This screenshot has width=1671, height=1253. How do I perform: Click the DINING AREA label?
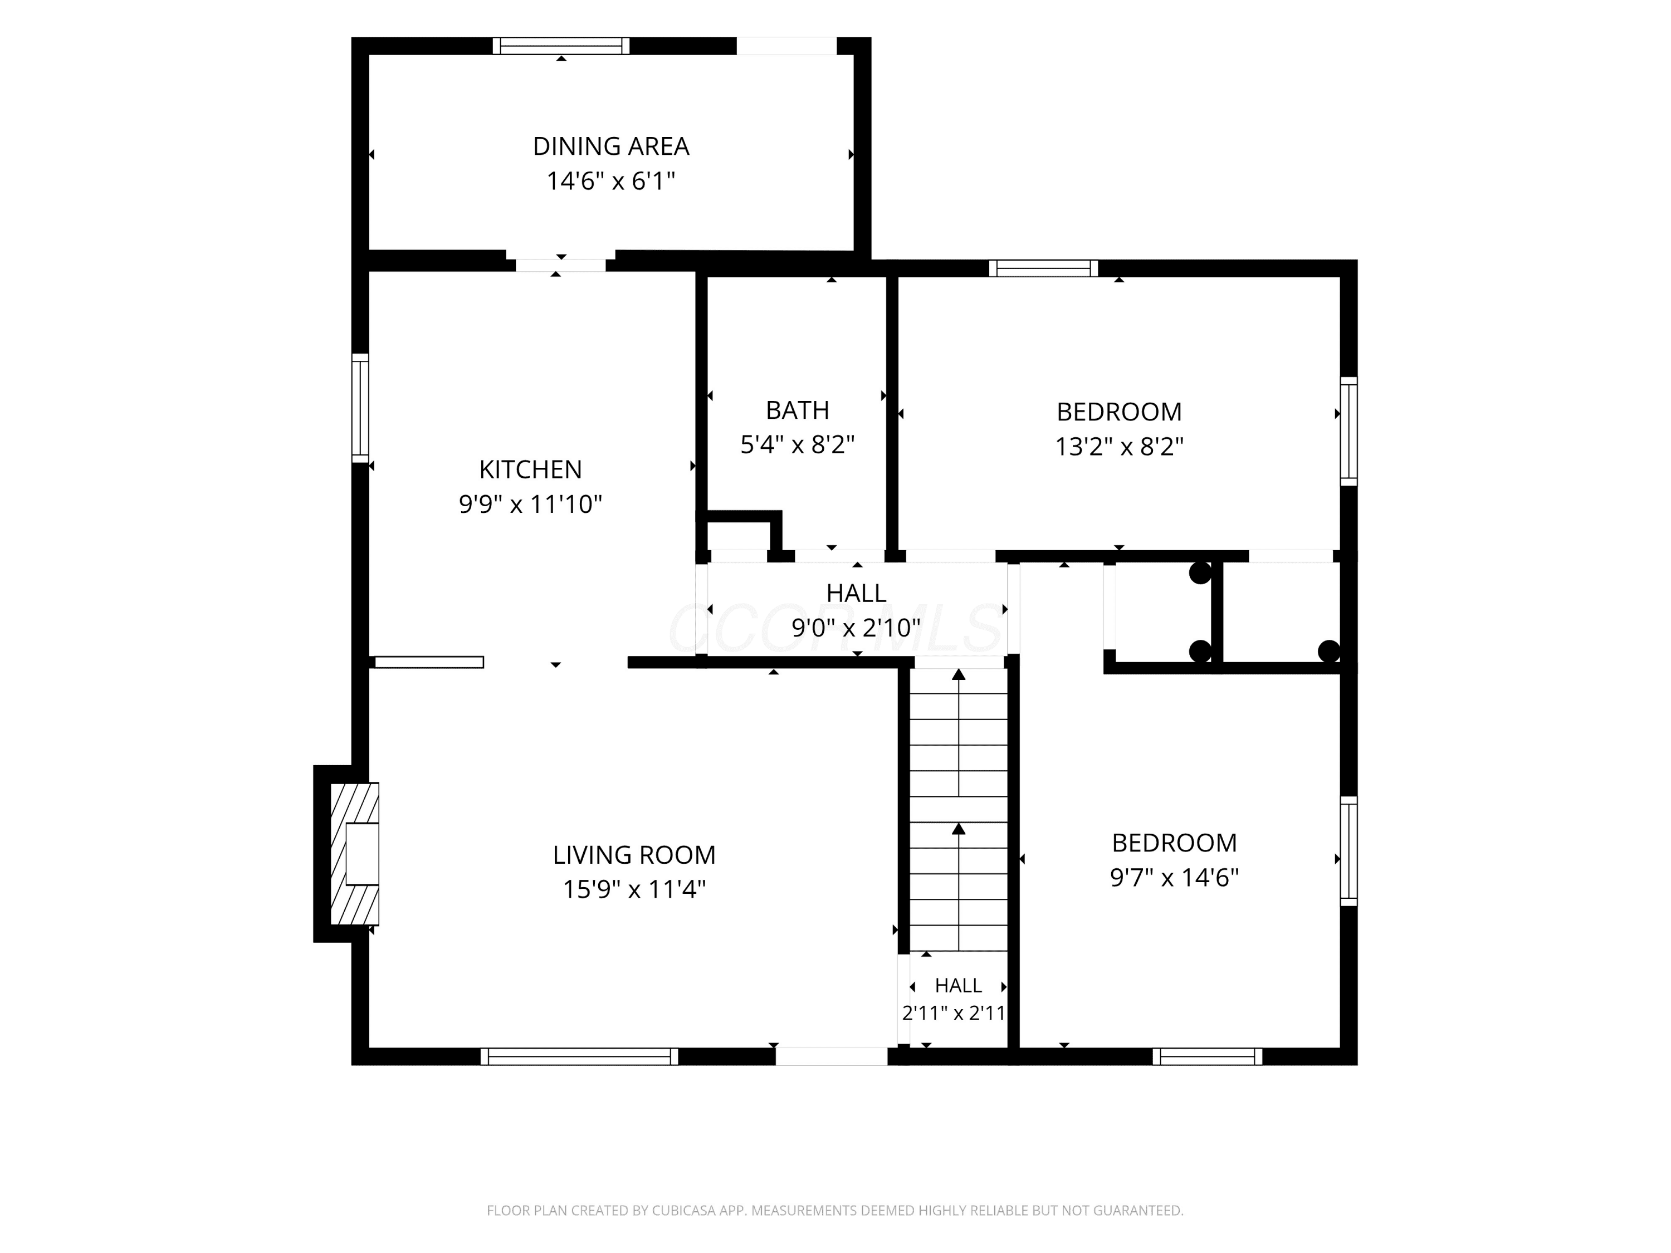[x=611, y=146]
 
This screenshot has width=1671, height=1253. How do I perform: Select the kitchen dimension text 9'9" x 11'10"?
[x=530, y=504]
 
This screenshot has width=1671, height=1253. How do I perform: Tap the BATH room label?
[x=798, y=410]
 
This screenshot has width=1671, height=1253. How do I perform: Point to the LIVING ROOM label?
[x=634, y=855]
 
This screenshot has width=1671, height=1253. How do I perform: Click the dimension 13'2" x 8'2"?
[x=1119, y=447]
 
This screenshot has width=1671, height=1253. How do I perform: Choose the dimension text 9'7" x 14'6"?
[x=1174, y=877]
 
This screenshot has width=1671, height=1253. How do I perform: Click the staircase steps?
[x=958, y=810]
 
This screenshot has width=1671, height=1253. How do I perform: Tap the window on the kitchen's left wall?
[x=360, y=408]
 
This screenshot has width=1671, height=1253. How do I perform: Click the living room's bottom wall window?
[x=579, y=1056]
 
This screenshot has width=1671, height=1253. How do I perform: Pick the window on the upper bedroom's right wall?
[x=1348, y=431]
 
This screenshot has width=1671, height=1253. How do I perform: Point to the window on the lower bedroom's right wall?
[x=1348, y=851]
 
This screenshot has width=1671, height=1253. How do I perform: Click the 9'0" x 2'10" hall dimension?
[x=856, y=627]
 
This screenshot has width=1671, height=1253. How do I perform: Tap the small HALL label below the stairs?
[x=958, y=986]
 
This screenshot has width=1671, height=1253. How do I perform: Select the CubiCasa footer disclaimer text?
[x=835, y=1210]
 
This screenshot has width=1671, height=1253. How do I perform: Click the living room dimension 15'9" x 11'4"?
[x=634, y=889]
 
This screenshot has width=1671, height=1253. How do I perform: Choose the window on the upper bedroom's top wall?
[x=1043, y=268]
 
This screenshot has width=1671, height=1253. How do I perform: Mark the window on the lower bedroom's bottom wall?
[x=1207, y=1056]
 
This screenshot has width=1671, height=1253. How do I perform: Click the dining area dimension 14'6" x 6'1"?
[x=610, y=181]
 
